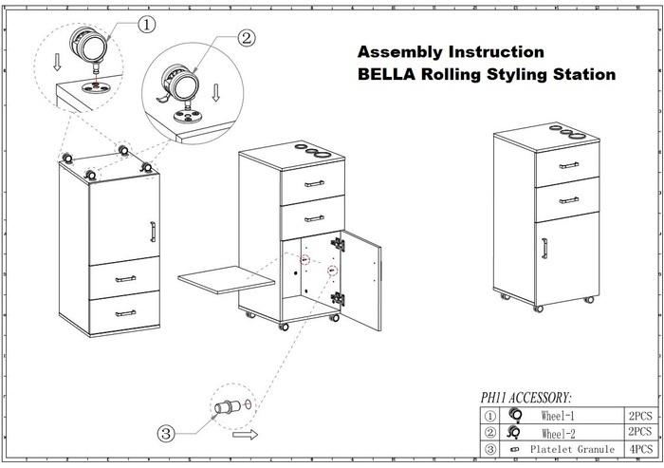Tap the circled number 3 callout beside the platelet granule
point(166,434)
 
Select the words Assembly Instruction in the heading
point(451,51)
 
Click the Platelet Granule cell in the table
point(569,448)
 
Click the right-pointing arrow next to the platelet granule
point(245,436)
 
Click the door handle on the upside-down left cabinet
point(152,232)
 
